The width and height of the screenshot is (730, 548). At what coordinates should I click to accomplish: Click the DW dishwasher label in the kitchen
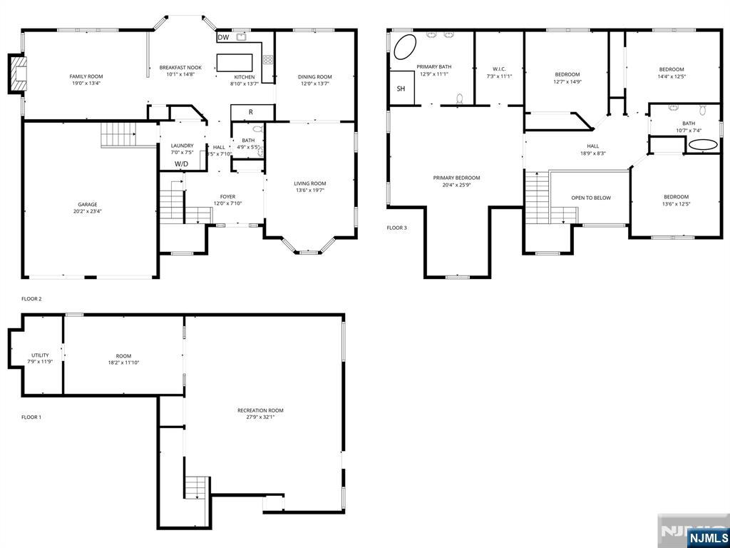pyautogui.click(x=223, y=37)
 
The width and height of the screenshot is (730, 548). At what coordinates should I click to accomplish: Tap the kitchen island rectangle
pyautogui.click(x=235, y=63)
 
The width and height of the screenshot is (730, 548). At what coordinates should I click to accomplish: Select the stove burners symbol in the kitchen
pyautogui.click(x=268, y=59)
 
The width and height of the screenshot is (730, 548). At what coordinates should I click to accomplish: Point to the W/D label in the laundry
pyautogui.click(x=182, y=164)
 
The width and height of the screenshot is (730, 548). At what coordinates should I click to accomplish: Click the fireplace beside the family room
pyautogui.click(x=17, y=73)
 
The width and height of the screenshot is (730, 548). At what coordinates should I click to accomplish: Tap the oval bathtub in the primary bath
pyautogui.click(x=405, y=46)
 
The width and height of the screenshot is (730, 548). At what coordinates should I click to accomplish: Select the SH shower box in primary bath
pyautogui.click(x=402, y=88)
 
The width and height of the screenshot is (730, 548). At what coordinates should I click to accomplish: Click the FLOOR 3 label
pyautogui.click(x=396, y=228)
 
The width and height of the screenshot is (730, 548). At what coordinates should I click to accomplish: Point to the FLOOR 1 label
pyautogui.click(x=31, y=417)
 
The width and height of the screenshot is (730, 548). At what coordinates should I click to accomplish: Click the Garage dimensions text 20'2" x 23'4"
pyautogui.click(x=88, y=210)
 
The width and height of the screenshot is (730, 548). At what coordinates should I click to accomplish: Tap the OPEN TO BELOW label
pyautogui.click(x=591, y=198)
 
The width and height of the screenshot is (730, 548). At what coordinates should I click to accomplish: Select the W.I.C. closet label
pyautogui.click(x=499, y=69)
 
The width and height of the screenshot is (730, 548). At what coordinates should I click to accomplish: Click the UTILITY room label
pyautogui.click(x=40, y=355)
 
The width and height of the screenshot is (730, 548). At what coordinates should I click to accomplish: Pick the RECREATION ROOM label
pyautogui.click(x=260, y=410)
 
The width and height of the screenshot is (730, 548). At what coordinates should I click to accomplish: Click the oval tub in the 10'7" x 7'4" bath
pyautogui.click(x=703, y=145)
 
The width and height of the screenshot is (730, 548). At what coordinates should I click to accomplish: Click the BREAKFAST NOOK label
pyautogui.click(x=180, y=68)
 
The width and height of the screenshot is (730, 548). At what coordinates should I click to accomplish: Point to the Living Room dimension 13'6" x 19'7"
pyautogui.click(x=309, y=190)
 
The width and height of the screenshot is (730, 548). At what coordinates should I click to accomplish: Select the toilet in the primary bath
pyautogui.click(x=460, y=98)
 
